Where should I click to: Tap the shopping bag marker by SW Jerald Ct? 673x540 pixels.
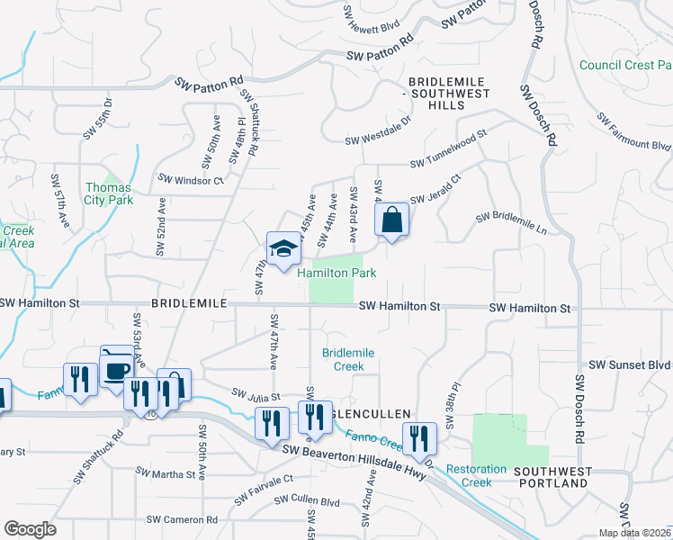click(x=391, y=220)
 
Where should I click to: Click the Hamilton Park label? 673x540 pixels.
click(x=336, y=272)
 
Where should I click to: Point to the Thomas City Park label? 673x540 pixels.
click(x=109, y=193)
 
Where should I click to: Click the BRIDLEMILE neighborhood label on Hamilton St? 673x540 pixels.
click(x=191, y=306)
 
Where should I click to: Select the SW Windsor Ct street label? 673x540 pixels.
click(x=190, y=180)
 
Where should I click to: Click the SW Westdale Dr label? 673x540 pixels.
click(x=378, y=140)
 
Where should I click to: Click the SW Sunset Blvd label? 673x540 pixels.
click(x=630, y=365)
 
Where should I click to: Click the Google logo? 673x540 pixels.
click(x=30, y=529)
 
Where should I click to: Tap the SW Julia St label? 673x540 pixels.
click(x=256, y=394)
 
